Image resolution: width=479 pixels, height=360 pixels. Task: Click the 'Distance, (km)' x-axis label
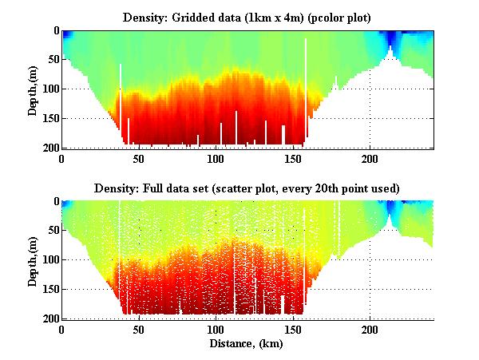click(247, 344)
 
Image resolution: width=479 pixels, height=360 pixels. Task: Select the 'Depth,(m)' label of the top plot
click(33, 89)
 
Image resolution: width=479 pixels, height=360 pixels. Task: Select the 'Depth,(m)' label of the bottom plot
click(33, 260)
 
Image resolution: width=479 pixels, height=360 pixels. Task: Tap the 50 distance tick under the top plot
click(139, 158)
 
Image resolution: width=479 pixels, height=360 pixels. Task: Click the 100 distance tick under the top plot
click(216, 158)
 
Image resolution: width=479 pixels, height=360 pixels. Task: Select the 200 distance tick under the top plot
click(370, 158)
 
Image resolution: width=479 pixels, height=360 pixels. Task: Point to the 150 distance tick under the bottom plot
click(293, 329)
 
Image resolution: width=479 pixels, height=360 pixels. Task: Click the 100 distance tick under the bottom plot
click(216, 329)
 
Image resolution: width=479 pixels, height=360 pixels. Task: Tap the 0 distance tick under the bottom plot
click(62, 329)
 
